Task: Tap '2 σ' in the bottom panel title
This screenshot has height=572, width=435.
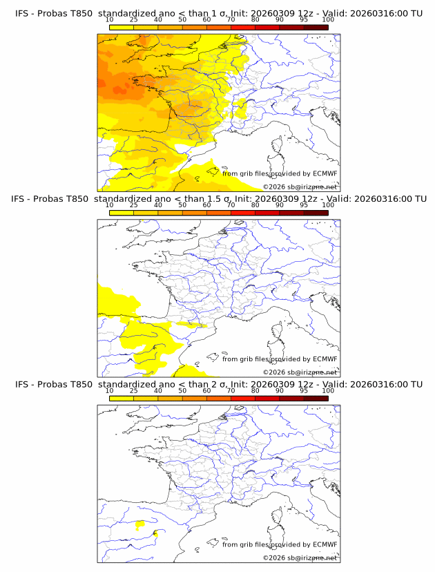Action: tap(222, 384)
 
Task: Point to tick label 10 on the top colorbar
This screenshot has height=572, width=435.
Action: tap(109, 21)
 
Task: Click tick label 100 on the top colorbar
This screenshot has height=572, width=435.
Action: tap(328, 21)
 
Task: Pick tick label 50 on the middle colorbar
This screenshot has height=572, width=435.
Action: tap(182, 205)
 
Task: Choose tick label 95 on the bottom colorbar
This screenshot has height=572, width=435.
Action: tap(304, 390)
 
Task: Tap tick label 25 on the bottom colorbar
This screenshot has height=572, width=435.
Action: tap(133, 390)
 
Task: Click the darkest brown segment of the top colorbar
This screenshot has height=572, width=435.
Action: tap(316, 28)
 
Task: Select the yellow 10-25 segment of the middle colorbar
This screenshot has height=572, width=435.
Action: tap(121, 213)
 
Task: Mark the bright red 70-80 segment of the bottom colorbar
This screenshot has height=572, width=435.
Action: tap(242, 398)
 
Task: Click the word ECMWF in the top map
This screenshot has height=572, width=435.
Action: tap(324, 174)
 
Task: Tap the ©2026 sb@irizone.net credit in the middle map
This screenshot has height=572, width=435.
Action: tap(300, 372)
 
